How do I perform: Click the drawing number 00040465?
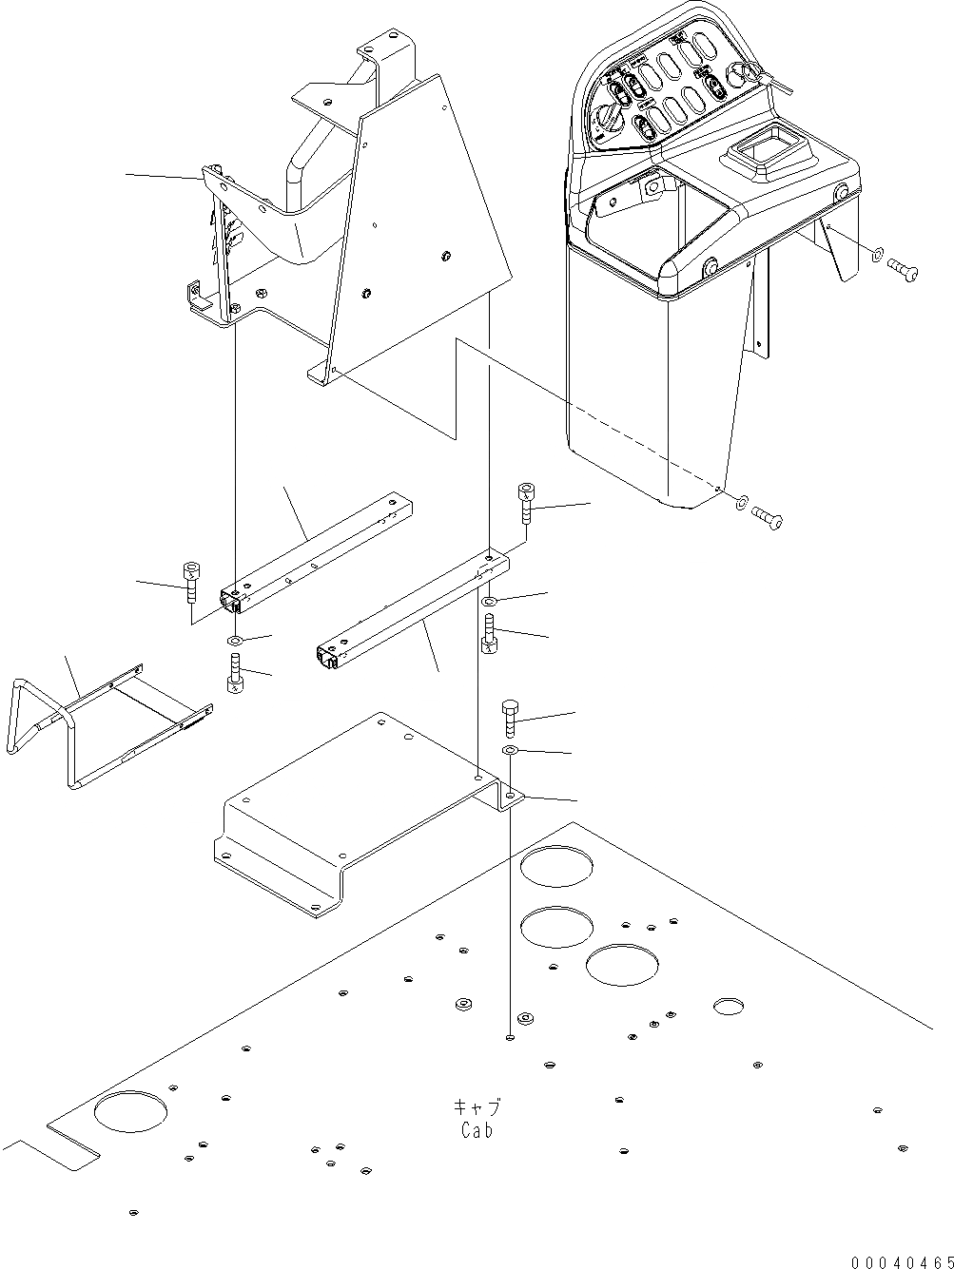(902, 1260)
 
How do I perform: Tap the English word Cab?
(477, 1130)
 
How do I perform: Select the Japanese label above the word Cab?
(477, 1107)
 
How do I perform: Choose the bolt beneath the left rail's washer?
(235, 676)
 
